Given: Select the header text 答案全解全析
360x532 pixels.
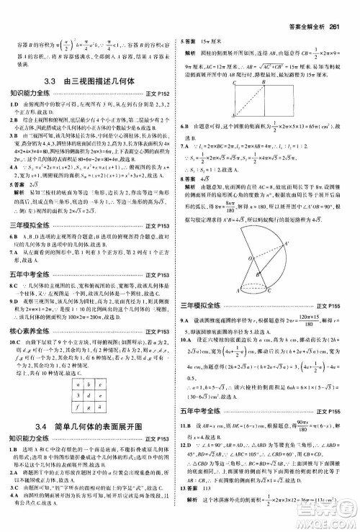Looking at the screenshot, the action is point(302,9).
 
